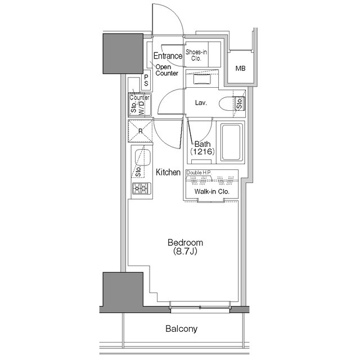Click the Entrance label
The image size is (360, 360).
click(168, 56)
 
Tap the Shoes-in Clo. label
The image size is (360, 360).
click(197, 54)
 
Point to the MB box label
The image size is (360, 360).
click(240, 69)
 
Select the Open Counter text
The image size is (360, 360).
click(166, 70)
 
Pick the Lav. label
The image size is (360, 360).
click(201, 103)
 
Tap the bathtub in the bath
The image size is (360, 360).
click(231, 142)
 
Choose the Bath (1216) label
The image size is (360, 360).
click(201, 148)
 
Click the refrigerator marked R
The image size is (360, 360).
click(140, 132)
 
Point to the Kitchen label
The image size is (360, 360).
click(168, 173)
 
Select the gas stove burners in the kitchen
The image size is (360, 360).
click(139, 189)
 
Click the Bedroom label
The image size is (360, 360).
click(185, 243)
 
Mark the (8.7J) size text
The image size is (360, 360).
click(185, 253)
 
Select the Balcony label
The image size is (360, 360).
click(181, 328)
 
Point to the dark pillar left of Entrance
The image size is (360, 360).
click(122, 53)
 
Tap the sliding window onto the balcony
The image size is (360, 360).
click(200, 307)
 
